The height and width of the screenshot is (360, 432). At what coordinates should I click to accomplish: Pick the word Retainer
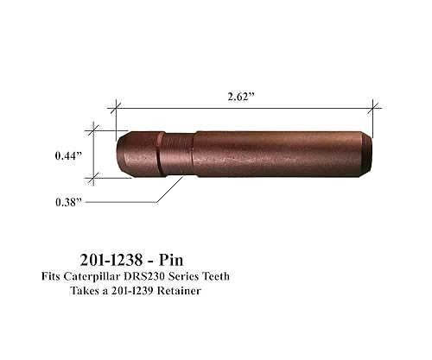coord(206,292)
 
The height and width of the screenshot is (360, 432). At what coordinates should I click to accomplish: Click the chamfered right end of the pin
coord(367,152)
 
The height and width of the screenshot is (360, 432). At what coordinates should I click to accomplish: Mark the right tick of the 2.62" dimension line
coord(373,107)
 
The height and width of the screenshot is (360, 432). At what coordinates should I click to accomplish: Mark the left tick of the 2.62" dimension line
coord(111,108)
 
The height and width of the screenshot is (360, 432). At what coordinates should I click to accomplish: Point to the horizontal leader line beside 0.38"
coord(121,201)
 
